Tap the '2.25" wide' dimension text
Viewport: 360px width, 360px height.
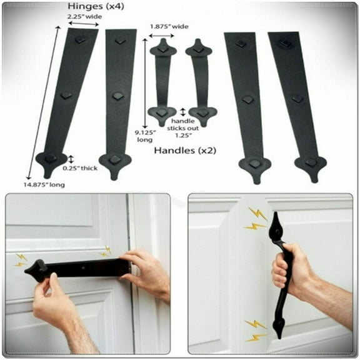[x=84, y=17]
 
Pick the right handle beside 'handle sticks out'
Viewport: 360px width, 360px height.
[x=200, y=81]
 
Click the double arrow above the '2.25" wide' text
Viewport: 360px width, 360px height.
[x=84, y=25]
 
